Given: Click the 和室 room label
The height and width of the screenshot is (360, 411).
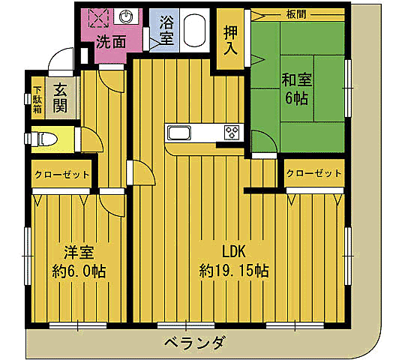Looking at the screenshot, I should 297,79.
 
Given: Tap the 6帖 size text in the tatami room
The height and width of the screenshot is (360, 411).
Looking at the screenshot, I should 297,97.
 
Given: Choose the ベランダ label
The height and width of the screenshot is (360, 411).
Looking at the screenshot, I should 194,343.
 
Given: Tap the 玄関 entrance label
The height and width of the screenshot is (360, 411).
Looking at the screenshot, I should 60,96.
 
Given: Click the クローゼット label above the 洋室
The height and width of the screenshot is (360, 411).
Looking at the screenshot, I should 61,175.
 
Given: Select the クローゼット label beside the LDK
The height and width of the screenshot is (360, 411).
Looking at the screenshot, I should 313,173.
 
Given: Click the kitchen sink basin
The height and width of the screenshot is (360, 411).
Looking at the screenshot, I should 182,133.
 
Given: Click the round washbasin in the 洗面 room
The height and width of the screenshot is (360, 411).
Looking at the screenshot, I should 126,16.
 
